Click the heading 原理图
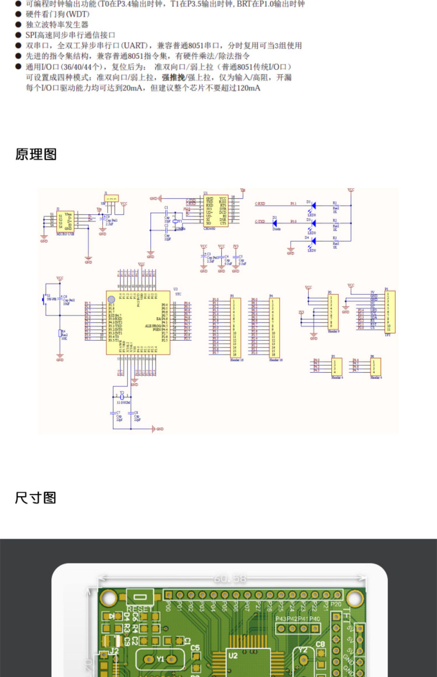click(x=36, y=154)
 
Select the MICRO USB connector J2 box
click(x=65, y=222)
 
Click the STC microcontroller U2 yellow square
click(x=138, y=322)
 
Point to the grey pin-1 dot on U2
click(x=111, y=299)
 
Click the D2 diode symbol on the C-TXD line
click(x=274, y=223)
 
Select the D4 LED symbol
click(x=313, y=241)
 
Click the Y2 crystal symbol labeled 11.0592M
click(x=122, y=397)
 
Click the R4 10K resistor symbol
click(x=60, y=333)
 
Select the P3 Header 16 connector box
click(x=235, y=328)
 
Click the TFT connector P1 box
click(x=390, y=312)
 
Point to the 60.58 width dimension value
click(x=230, y=579)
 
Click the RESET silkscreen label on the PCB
click(x=140, y=609)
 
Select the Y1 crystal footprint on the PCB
click(x=160, y=659)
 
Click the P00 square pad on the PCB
click(x=168, y=594)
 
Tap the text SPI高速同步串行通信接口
click(x=70, y=35)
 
